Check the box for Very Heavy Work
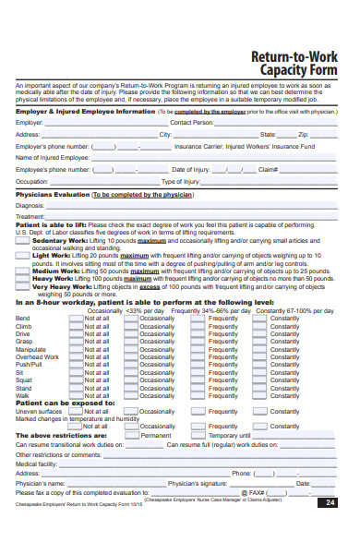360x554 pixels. tap(23, 287)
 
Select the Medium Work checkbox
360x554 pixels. tap(23, 271)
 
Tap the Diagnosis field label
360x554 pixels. tap(31, 206)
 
